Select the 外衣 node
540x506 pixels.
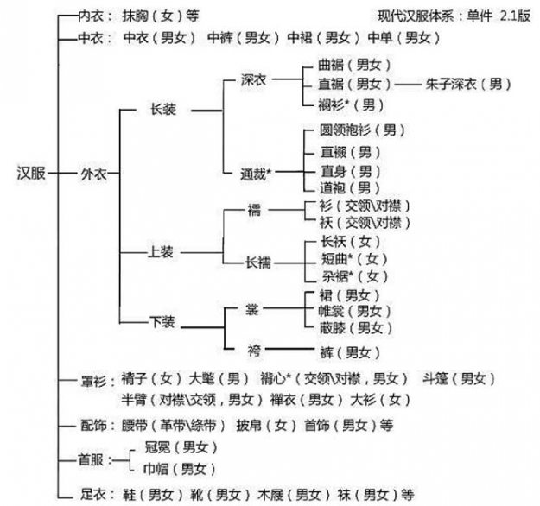[93, 173]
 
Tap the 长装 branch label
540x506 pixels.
[163, 111]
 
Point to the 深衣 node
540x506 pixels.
[257, 79]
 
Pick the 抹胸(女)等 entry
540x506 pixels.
[160, 15]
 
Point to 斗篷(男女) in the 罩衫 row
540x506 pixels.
[458, 379]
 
